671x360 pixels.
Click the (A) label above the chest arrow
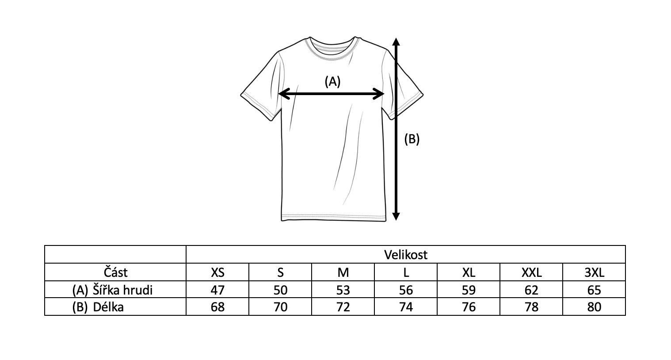pyautogui.click(x=332, y=81)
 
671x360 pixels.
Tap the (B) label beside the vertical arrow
pyautogui.click(x=412, y=139)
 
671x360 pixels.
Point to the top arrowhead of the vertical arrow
pyautogui.click(x=396, y=42)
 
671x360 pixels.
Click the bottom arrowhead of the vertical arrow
pyautogui.click(x=396, y=216)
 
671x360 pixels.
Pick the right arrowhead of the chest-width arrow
pyautogui.click(x=378, y=94)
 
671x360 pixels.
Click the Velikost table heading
pyautogui.click(x=406, y=255)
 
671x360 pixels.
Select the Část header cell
pyautogui.click(x=116, y=272)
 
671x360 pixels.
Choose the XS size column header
pyautogui.click(x=217, y=272)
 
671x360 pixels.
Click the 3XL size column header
pyautogui.click(x=595, y=272)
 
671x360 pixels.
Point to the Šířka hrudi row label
pyautogui.click(x=122, y=290)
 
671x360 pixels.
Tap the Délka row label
pyautogui.click(x=108, y=307)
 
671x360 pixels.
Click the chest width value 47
pyautogui.click(x=217, y=290)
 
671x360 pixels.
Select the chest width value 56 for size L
pyautogui.click(x=406, y=290)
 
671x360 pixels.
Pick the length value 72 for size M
pyautogui.click(x=343, y=307)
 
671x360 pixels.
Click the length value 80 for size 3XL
pyautogui.click(x=595, y=307)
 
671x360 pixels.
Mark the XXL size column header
pyautogui.click(x=531, y=272)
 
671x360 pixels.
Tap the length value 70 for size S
pyautogui.click(x=280, y=307)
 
